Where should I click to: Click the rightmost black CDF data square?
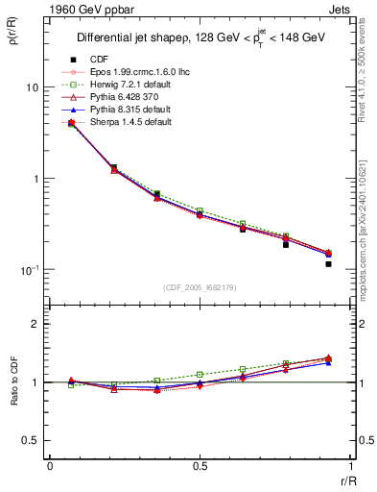pyautogui.click(x=328, y=263)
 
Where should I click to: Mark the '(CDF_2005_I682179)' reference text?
pyautogui.click(x=200, y=287)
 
